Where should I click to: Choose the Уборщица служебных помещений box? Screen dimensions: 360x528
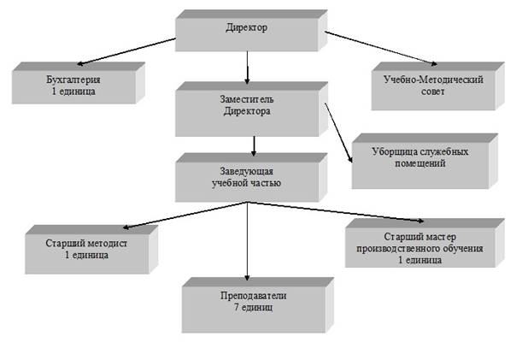pos(420,158)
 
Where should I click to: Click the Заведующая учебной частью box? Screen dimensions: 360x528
pos(246,177)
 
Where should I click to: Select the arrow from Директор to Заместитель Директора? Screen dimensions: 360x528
pos(246,65)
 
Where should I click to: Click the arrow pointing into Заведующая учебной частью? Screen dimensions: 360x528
pos(254,143)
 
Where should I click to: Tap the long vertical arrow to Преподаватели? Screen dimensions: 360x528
pos(247,244)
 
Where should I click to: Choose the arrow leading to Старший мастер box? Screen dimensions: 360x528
pos(342,214)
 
